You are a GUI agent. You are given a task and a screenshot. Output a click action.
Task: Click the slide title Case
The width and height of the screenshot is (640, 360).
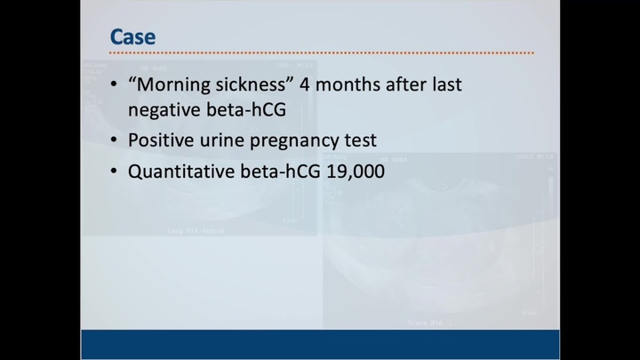[132, 36]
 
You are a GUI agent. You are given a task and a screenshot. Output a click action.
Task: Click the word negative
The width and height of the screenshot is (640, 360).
[165, 110]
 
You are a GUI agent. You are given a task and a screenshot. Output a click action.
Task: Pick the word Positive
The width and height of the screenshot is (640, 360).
[161, 140]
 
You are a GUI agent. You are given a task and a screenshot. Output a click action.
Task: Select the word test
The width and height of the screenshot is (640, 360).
[361, 140]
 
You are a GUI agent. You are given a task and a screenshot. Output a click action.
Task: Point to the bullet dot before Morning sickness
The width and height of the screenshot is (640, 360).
[114, 86]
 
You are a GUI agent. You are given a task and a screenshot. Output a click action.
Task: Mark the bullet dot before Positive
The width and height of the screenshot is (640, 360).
[114, 140]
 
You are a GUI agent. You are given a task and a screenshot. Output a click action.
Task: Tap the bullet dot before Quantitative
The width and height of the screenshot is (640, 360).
[114, 171]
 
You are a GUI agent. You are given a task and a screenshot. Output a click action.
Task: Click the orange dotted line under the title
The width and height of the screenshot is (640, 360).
[320, 52]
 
